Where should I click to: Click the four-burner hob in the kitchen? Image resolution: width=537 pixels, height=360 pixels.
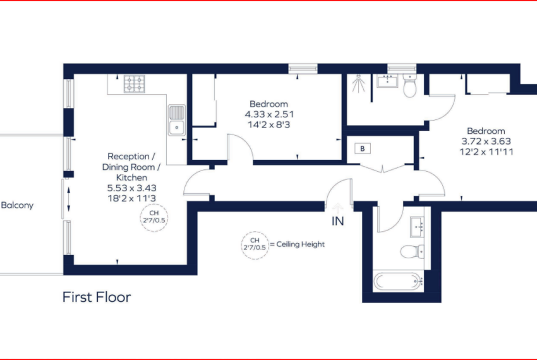[x=134, y=84]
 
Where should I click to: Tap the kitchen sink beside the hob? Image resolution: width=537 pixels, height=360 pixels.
[x=177, y=120]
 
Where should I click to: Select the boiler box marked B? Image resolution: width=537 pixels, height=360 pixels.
[x=363, y=148]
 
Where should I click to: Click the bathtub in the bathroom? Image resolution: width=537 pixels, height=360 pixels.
[x=398, y=281]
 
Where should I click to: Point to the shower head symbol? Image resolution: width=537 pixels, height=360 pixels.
[x=358, y=83]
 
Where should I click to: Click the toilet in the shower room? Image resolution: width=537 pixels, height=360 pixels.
[x=409, y=86]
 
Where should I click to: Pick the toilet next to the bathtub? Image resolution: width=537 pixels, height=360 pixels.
[x=413, y=251]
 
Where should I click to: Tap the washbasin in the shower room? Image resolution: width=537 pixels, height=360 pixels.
[x=387, y=81]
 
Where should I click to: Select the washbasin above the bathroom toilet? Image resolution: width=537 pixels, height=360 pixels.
[x=417, y=227]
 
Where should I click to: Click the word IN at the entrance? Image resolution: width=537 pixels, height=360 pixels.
[x=338, y=221]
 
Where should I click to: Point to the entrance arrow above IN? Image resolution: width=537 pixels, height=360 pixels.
[x=338, y=208]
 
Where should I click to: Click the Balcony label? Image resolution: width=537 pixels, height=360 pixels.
[x=17, y=205]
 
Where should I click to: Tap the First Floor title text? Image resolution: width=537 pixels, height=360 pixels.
[x=97, y=297]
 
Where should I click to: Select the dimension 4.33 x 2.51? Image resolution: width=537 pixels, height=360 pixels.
[x=269, y=114]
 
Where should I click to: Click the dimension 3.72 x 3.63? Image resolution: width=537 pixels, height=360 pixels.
[x=486, y=141]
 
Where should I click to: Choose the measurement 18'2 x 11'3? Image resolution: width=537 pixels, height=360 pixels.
[x=132, y=198]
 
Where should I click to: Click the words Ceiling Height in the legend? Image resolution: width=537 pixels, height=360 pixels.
[x=300, y=244]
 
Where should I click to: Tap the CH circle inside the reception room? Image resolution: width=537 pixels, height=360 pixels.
[x=154, y=217]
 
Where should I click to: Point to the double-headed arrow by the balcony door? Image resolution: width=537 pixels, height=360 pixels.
[x=68, y=199]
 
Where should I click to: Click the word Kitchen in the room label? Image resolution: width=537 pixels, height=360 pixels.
[x=132, y=177]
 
